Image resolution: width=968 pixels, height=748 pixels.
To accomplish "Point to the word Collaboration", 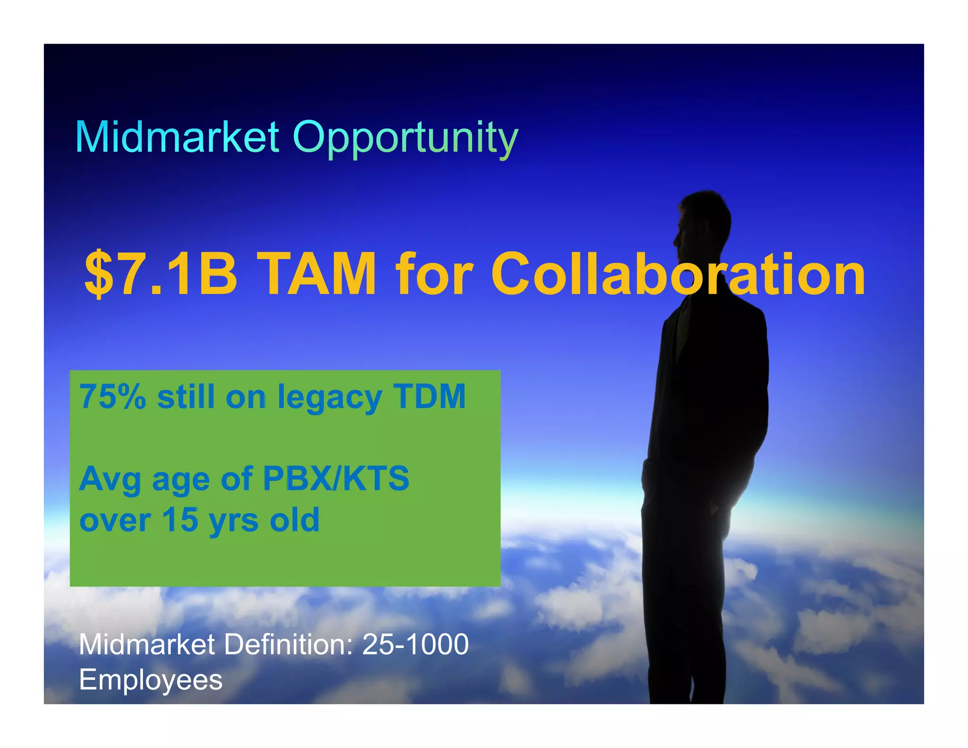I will click(678, 274).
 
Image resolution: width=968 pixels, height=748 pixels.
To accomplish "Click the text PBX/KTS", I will click(336, 478).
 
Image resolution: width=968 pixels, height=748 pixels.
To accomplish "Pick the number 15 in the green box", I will click(180, 520).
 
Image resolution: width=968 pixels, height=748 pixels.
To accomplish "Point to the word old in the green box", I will click(294, 520).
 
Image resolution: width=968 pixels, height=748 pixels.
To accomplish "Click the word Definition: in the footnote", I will click(288, 644).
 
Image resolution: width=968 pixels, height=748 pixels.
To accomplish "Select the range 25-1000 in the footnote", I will click(415, 644).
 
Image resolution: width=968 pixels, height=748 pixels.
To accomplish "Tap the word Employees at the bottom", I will click(150, 680).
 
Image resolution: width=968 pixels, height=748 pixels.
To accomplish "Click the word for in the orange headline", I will click(434, 274).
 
